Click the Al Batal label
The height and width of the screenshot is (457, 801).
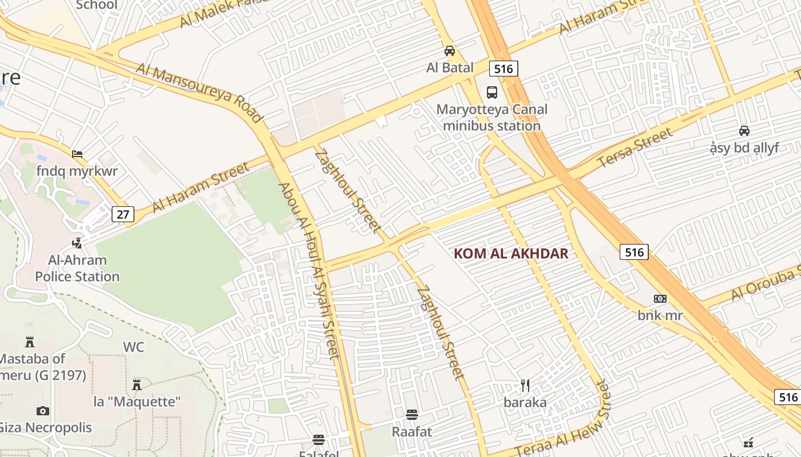click(x=450, y=68)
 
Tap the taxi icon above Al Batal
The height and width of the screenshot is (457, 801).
click(x=450, y=51)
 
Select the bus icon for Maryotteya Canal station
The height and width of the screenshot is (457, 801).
click(x=491, y=93)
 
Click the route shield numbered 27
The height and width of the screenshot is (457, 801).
click(x=123, y=214)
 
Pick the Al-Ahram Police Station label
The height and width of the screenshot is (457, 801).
click(x=77, y=268)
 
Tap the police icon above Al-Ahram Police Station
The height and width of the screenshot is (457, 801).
click(x=77, y=243)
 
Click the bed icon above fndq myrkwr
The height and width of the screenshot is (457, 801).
click(x=77, y=154)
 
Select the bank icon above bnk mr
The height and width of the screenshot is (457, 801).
click(x=660, y=299)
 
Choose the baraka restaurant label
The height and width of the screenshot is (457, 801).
click(x=525, y=402)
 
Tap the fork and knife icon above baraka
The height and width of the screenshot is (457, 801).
click(x=525, y=386)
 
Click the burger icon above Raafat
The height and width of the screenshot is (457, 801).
click(x=412, y=414)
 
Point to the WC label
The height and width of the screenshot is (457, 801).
click(x=133, y=347)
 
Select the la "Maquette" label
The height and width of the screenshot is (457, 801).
click(x=137, y=402)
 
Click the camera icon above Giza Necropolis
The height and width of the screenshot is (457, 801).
click(x=42, y=411)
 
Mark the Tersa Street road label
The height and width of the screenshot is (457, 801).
click(x=635, y=149)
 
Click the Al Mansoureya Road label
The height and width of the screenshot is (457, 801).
click(x=199, y=93)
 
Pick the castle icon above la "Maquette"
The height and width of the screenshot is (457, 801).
click(x=137, y=384)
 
